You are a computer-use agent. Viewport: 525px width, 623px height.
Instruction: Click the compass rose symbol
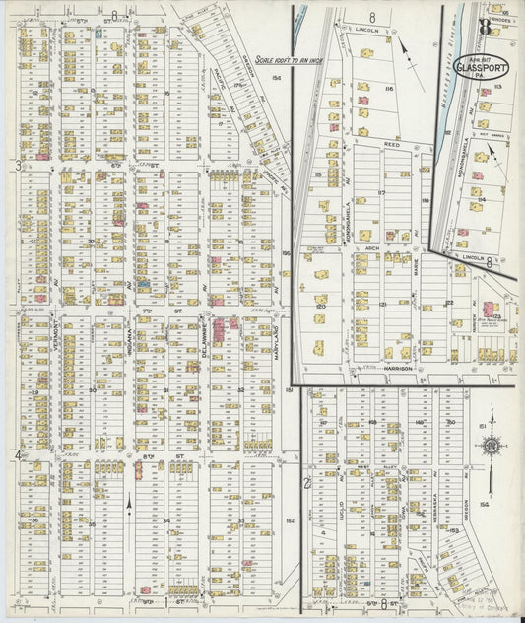490,446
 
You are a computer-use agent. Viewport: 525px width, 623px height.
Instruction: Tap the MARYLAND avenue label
279,345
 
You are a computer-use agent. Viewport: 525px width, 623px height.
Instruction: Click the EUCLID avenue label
340,508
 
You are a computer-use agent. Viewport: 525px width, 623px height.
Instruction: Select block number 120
320,307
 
